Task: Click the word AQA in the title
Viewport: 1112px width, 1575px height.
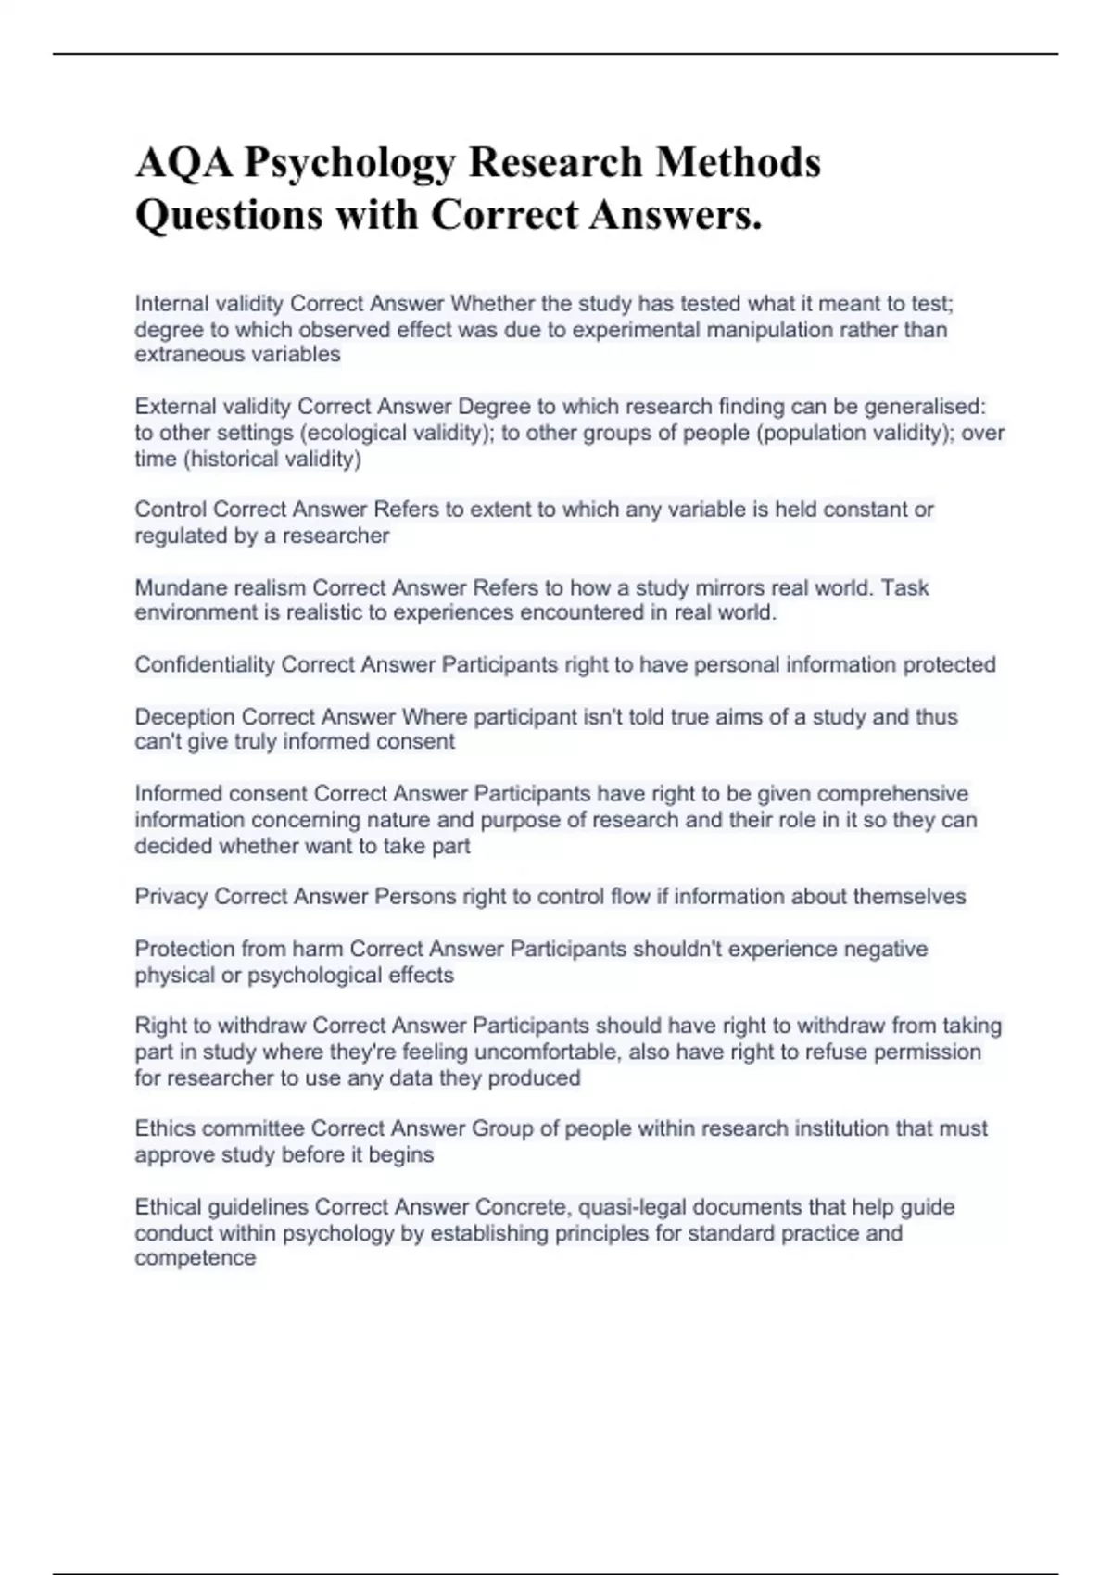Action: (x=184, y=163)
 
